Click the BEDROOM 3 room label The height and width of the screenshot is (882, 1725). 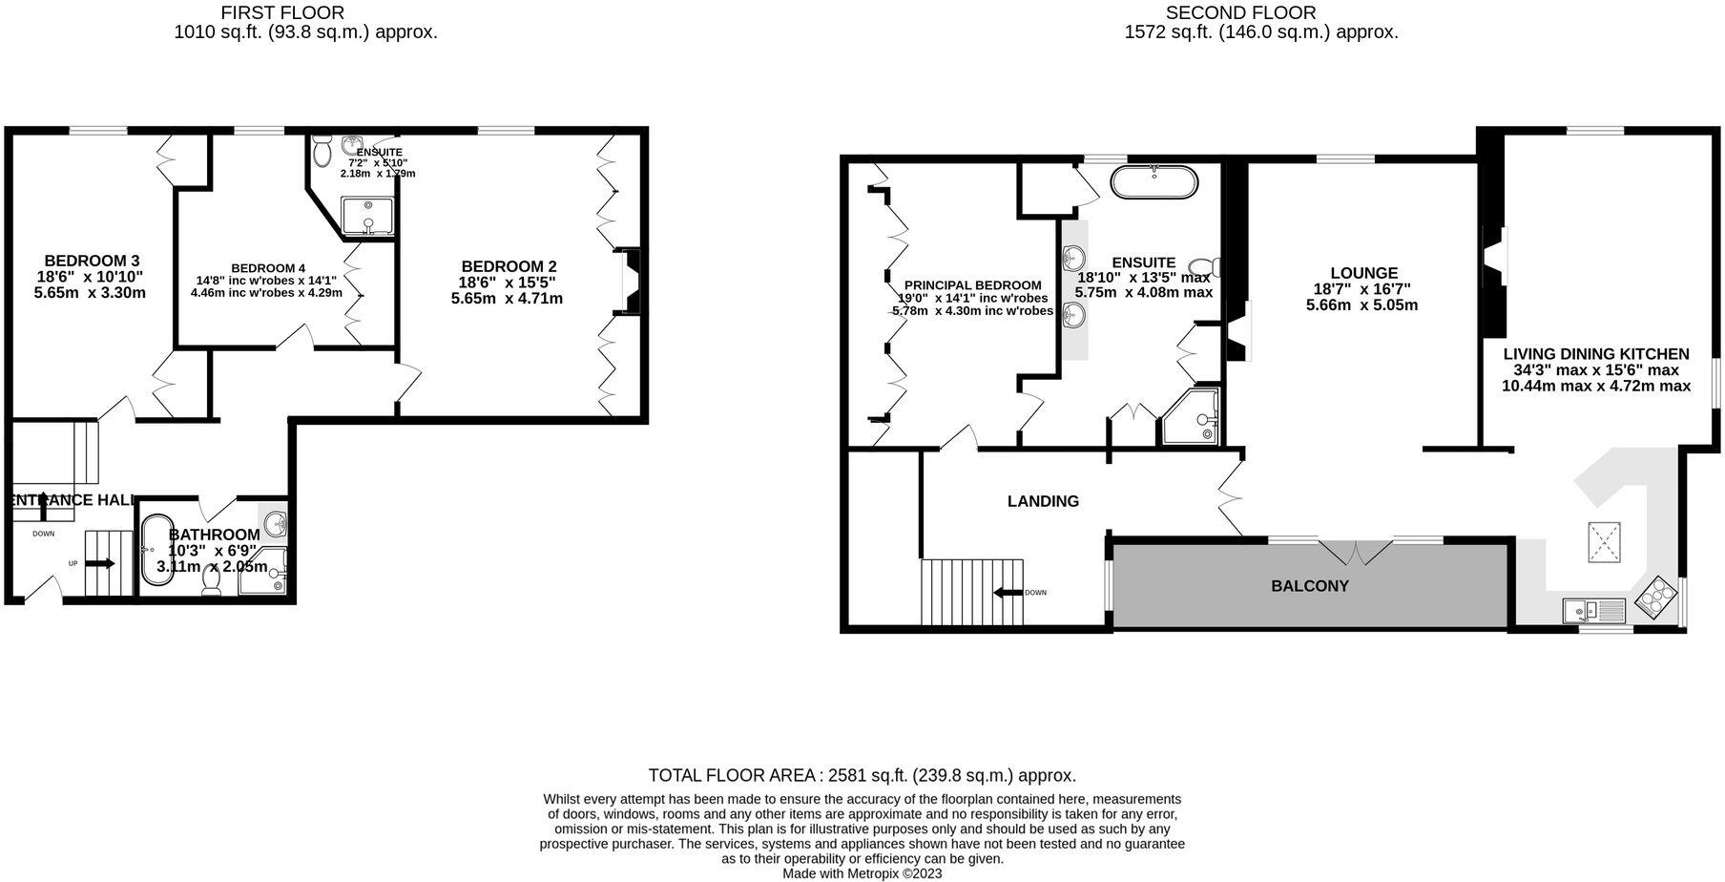(x=92, y=261)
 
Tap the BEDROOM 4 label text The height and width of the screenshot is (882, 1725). (x=268, y=268)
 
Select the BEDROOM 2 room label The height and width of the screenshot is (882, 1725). (x=509, y=266)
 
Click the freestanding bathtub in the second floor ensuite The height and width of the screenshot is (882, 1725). (x=1154, y=182)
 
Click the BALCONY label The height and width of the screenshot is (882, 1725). (x=1309, y=586)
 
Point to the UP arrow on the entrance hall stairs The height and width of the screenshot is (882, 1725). (x=102, y=564)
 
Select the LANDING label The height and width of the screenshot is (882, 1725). (x=1043, y=501)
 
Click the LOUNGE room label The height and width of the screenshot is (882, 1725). (x=1363, y=273)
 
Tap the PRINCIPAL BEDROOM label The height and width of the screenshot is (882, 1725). (x=972, y=285)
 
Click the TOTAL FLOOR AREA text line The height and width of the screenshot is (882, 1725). (x=862, y=775)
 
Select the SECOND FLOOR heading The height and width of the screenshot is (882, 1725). (x=1240, y=12)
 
